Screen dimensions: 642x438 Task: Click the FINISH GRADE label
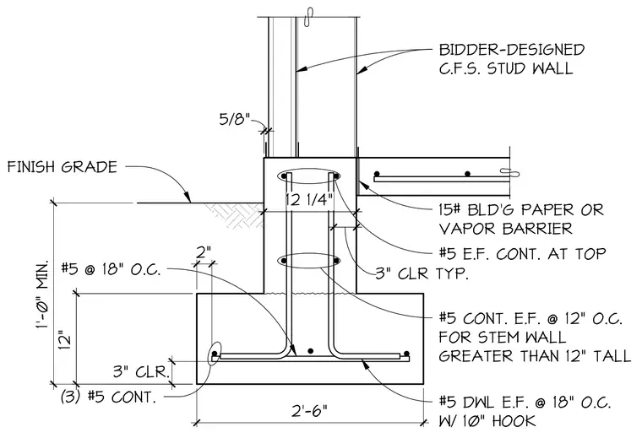click(63, 167)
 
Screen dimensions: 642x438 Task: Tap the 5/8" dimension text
click(234, 119)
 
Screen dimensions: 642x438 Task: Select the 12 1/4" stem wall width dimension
click(309, 200)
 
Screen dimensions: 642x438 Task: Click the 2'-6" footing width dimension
click(309, 410)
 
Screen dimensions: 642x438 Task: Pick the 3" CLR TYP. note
click(422, 273)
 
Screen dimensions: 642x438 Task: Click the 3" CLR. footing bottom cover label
click(142, 371)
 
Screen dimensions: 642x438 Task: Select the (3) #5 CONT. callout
click(108, 397)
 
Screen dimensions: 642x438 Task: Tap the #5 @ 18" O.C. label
click(111, 269)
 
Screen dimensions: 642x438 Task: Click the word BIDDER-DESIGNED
click(512, 50)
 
